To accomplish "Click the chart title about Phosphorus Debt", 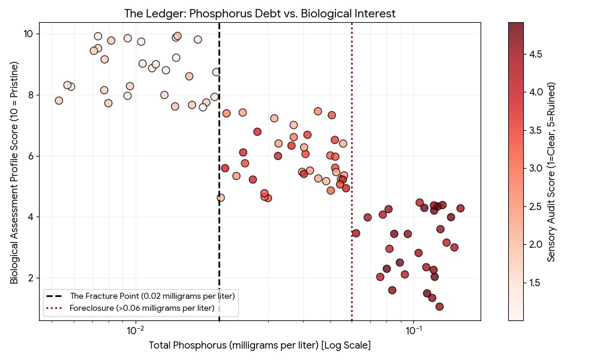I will pos(260,13).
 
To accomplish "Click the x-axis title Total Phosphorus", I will pos(260,346).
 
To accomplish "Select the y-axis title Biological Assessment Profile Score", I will pos(14,172).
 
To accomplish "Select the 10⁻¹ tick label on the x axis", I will pos(413,330).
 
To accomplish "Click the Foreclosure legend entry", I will pos(142,308).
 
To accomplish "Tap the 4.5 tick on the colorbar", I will pos(536,54).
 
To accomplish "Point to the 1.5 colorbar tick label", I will pos(536,283).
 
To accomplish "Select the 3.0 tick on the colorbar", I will pos(536,169).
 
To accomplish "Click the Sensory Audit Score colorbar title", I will pos(551,172).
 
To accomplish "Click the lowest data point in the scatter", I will pos(439,307).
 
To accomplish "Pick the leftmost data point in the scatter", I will pos(59,101).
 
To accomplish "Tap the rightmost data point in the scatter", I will pos(460,208).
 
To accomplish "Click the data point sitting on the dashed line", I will pos(221,197).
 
